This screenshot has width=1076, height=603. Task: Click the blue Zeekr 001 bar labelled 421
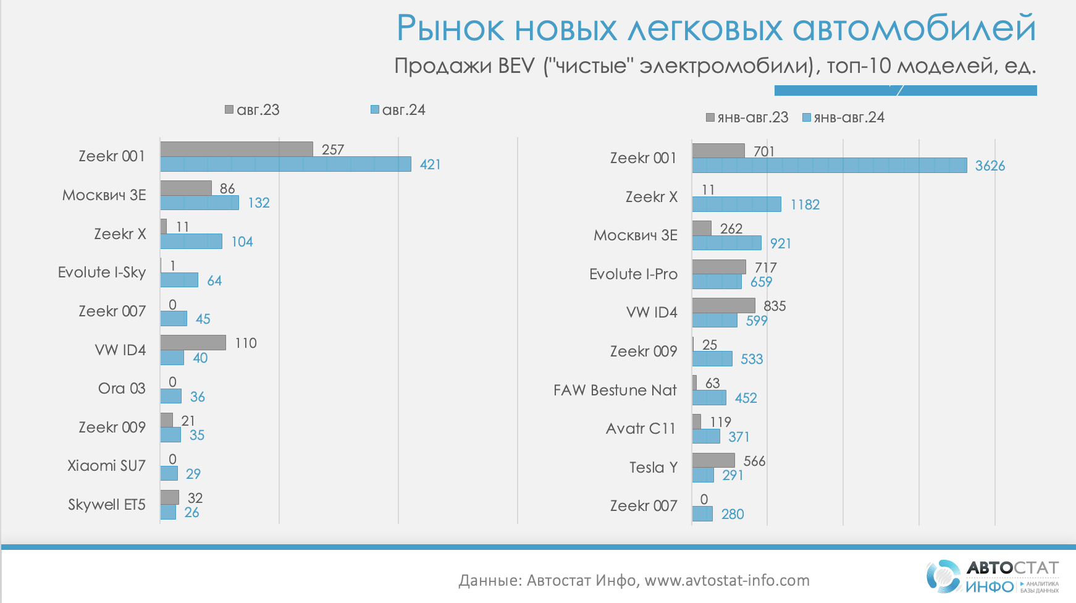pos(285,164)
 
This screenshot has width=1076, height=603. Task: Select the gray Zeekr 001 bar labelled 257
pos(237,149)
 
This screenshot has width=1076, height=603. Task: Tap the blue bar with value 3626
pos(829,166)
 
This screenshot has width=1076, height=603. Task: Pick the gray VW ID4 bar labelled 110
pos(193,343)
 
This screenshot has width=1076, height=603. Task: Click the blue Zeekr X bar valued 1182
pos(736,205)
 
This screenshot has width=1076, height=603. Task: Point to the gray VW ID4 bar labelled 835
pos(723,306)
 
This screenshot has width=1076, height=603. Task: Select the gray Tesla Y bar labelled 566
pos(713,460)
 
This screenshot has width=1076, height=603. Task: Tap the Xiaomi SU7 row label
pos(106,466)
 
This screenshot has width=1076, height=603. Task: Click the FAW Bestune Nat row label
pos(615,390)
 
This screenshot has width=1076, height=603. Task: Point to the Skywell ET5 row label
pos(106,505)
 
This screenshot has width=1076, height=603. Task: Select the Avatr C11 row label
pos(641,429)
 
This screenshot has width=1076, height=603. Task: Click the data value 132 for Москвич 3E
pos(259,203)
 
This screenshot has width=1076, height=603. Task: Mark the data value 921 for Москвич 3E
pos(780,243)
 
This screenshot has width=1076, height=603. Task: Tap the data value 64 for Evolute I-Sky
pos(214,281)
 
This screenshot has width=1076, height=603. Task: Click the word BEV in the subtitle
pos(516,65)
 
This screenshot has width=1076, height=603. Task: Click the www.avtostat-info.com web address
pos(726,580)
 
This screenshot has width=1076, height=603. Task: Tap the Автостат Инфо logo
pos(991,576)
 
